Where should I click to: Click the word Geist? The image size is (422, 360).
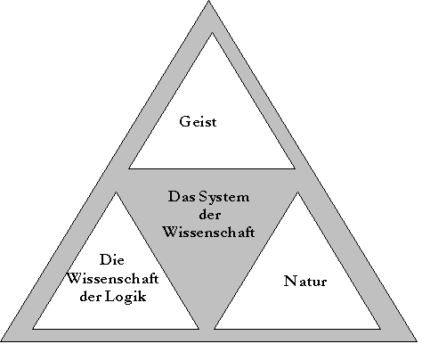198,122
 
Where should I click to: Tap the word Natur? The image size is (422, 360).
305,281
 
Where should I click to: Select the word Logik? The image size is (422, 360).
126,297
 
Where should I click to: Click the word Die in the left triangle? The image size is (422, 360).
112,260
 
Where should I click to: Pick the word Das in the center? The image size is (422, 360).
182,197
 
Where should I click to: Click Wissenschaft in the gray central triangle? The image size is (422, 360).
209,232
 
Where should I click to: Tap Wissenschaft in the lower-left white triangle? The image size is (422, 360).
112,279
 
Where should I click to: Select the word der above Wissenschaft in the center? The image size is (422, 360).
209,215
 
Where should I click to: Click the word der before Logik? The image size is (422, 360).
91,297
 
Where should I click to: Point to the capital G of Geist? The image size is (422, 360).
184,122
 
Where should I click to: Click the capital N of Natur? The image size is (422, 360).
289,281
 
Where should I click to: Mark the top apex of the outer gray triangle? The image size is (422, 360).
209,1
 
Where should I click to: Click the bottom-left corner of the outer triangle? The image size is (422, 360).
1,341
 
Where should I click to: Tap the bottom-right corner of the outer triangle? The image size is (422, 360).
417,341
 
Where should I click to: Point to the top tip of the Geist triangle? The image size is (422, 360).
212,33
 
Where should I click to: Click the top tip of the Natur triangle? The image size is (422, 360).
297,192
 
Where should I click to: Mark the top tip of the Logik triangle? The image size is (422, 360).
116,192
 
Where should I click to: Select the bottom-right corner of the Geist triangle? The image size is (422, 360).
295,168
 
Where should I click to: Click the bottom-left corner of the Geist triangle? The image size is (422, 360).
129,168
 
